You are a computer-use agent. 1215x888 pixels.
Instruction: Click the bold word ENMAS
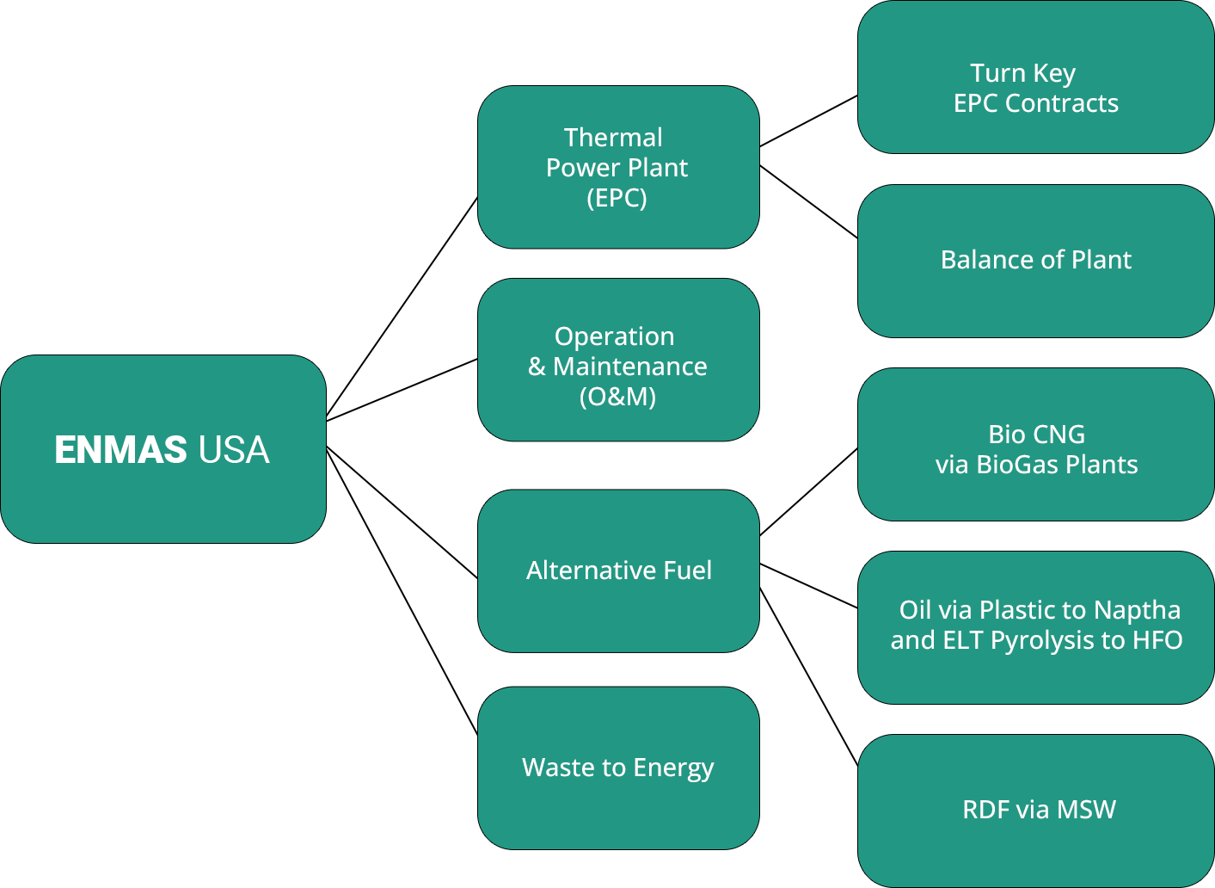coord(120,450)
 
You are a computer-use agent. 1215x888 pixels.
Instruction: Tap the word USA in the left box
coord(234,450)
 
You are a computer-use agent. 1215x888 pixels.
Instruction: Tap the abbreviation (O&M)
coord(617,397)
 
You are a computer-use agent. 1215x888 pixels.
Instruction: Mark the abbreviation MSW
coord(1086,810)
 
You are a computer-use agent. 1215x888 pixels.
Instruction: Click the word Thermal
coord(613,138)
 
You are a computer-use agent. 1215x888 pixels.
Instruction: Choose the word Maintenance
coord(630,367)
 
